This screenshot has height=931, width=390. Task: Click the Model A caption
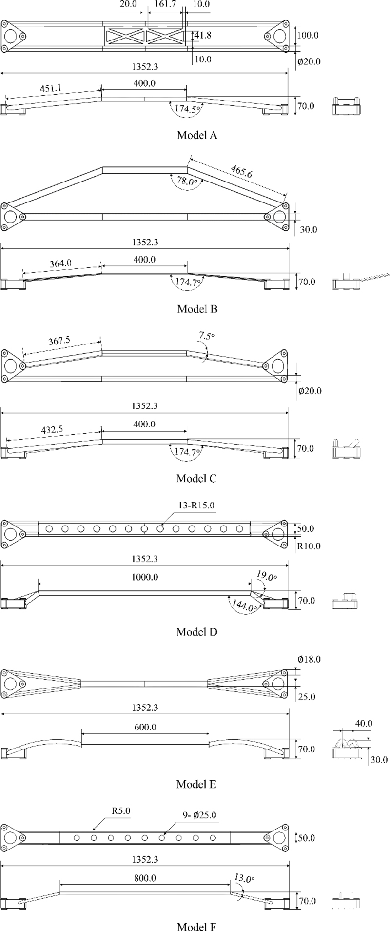point(196,135)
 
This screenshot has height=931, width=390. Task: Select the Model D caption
point(196,632)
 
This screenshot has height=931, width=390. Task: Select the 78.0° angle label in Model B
point(187,181)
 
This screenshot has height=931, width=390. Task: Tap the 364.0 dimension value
point(60,263)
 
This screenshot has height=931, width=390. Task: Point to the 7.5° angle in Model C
point(206,336)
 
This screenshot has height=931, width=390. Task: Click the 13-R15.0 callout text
point(196,505)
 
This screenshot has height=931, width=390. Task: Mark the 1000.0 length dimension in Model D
point(145,577)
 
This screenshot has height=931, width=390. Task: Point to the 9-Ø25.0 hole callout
point(199,815)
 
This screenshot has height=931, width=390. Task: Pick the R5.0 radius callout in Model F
point(121,811)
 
